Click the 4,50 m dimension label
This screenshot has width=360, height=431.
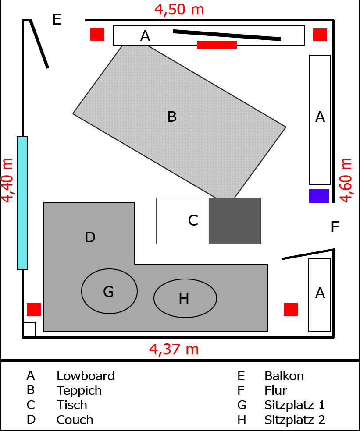coord(179,9)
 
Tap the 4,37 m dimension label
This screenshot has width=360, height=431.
coord(174,349)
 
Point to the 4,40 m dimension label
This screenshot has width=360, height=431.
coord(7,180)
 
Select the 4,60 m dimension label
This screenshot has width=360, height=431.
coord(346,180)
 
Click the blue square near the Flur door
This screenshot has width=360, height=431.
coord(319,196)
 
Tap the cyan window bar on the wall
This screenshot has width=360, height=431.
coord(22,203)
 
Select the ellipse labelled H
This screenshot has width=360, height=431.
coord(185,298)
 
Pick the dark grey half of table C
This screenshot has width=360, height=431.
coord(235,221)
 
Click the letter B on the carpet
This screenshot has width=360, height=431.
coord(172,117)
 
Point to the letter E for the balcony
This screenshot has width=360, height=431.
coord(57,20)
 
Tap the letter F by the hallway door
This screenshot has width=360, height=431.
coord(335,227)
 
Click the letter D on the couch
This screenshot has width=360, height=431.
coord(90,237)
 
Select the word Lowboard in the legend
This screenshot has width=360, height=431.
coord(86,376)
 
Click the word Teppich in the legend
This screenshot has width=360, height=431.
coord(79,390)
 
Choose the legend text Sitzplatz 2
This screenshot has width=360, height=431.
coord(295,420)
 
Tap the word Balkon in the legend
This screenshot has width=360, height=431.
coord(284,376)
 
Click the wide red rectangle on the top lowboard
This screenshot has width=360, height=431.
coord(217,45)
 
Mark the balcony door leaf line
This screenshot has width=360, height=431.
coord(39,44)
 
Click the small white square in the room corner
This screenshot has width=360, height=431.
coord(29,329)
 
